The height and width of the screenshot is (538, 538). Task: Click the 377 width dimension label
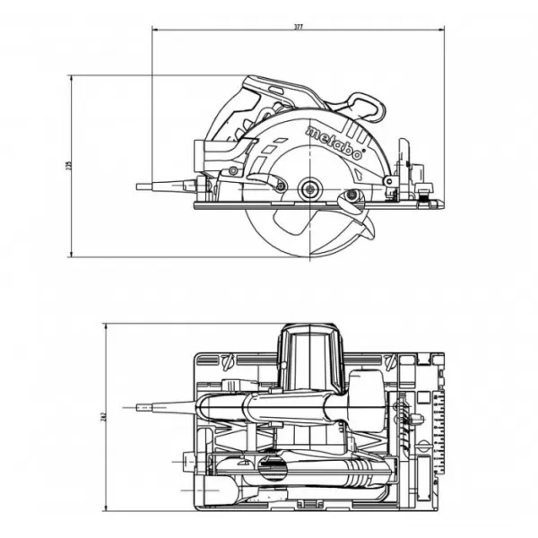298,27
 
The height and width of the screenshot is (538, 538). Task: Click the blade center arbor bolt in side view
310,187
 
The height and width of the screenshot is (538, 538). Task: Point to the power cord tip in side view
141,187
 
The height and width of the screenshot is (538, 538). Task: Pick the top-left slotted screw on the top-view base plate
225,362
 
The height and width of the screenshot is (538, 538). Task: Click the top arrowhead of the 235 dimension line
73,79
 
